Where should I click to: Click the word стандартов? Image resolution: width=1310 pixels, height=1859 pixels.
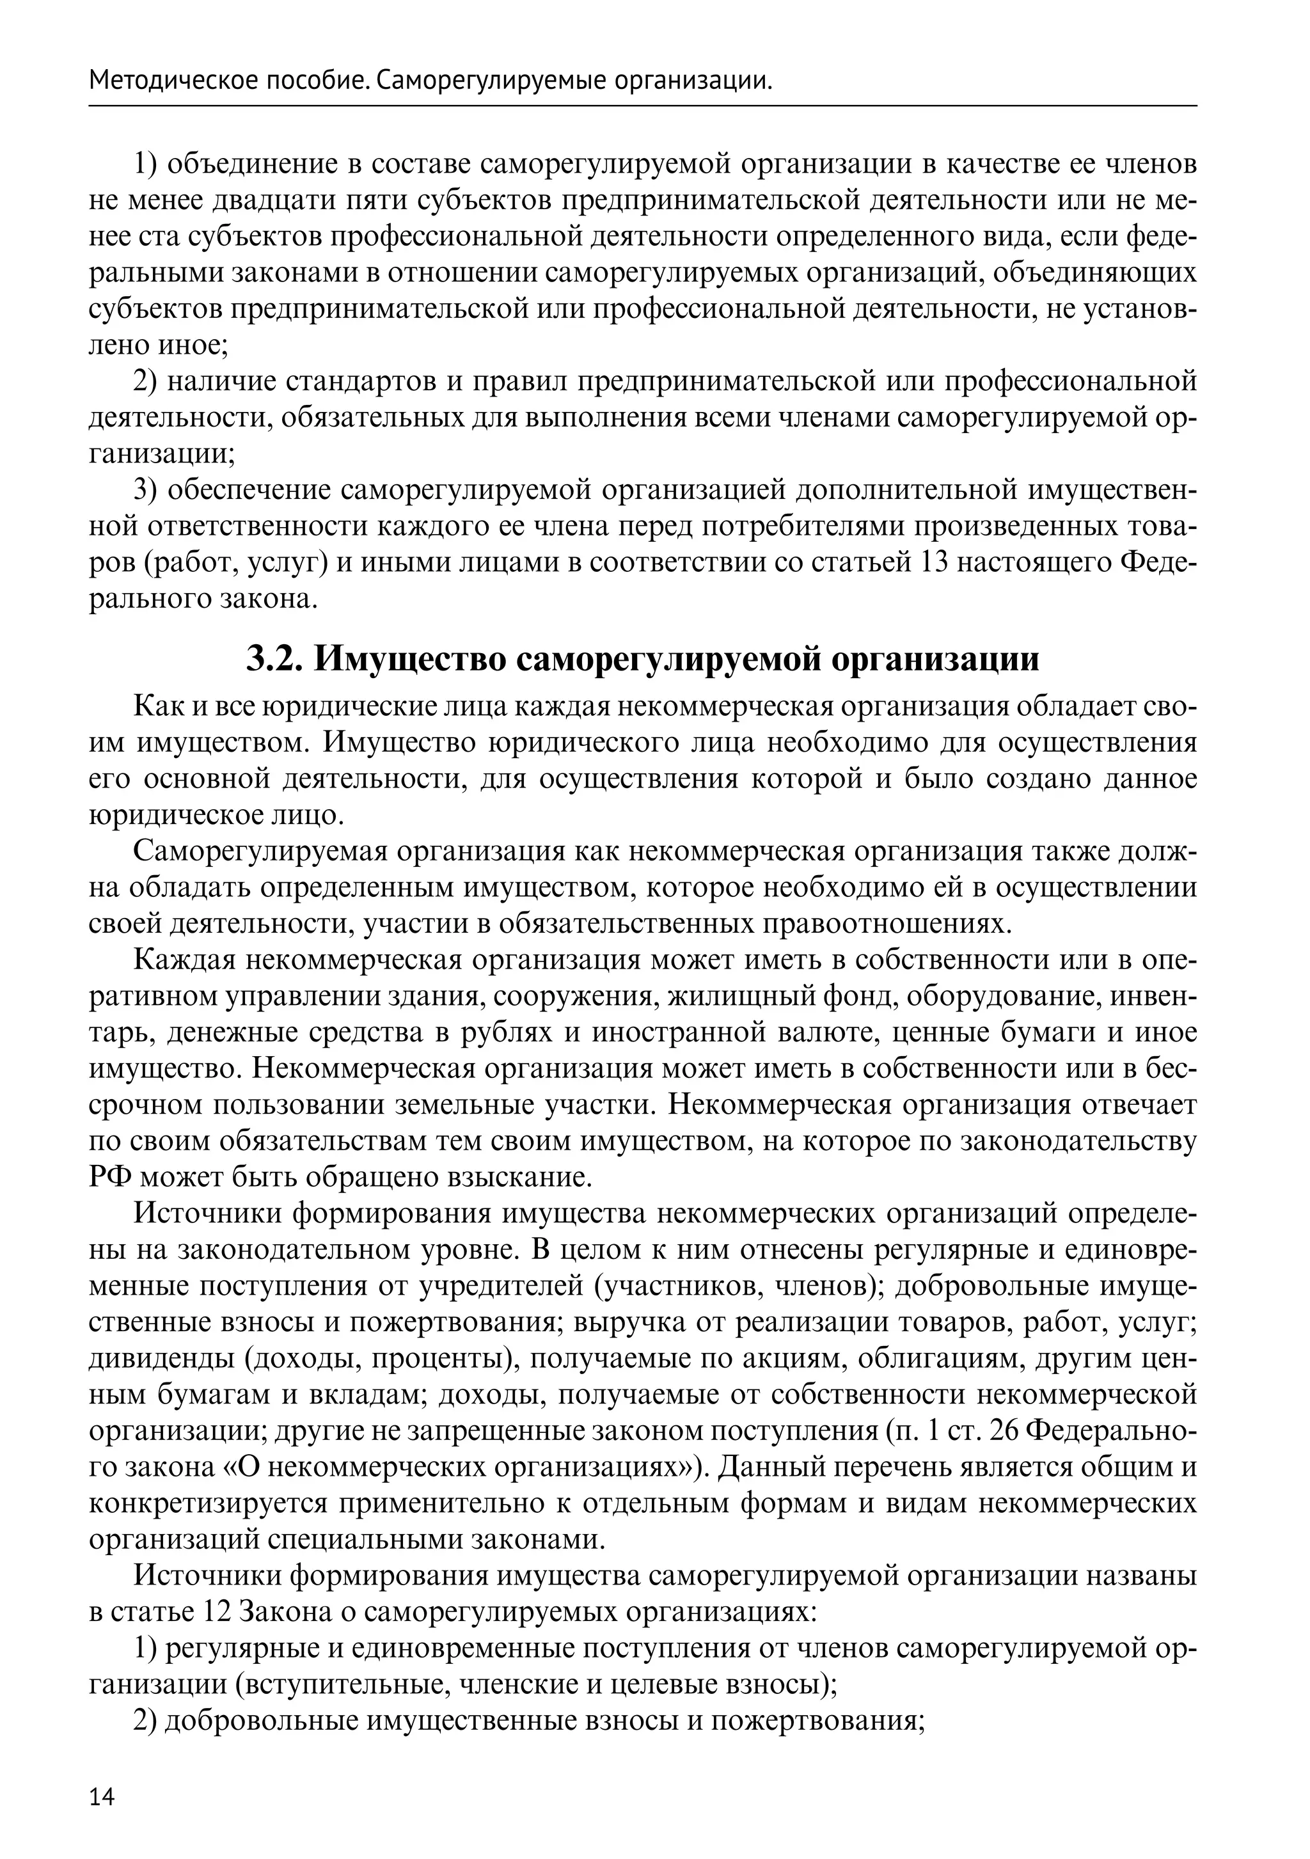(x=359, y=381)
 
